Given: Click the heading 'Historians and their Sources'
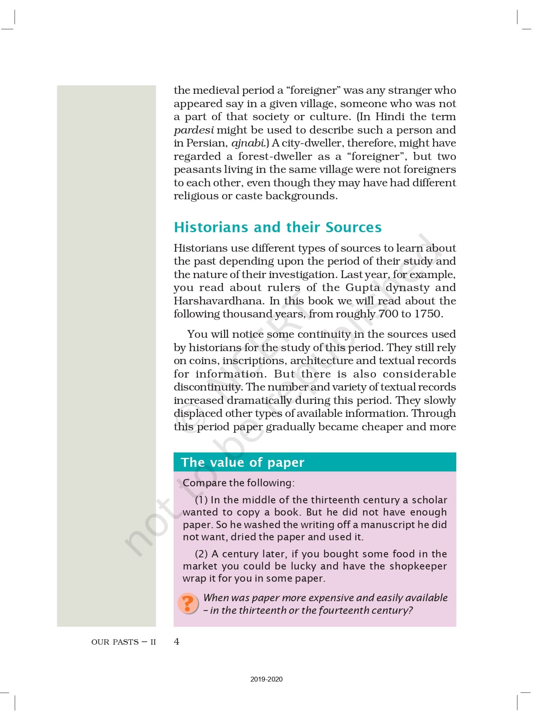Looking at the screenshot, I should [x=278, y=227].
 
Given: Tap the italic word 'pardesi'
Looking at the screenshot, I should [x=194, y=130].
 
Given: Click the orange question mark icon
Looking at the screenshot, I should [x=188, y=604].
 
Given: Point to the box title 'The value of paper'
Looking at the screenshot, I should [x=242, y=462].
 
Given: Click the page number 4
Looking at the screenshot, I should [x=177, y=641].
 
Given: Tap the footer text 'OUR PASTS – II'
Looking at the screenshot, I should [x=123, y=642].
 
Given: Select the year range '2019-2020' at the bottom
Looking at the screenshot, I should [x=266, y=679].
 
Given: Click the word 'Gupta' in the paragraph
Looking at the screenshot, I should [x=363, y=287].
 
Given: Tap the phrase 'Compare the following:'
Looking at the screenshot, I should [x=239, y=483].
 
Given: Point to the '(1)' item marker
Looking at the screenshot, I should [x=201, y=500].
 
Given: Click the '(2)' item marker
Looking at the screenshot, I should [x=201, y=554].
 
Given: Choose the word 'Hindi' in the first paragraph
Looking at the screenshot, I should [x=390, y=117].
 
